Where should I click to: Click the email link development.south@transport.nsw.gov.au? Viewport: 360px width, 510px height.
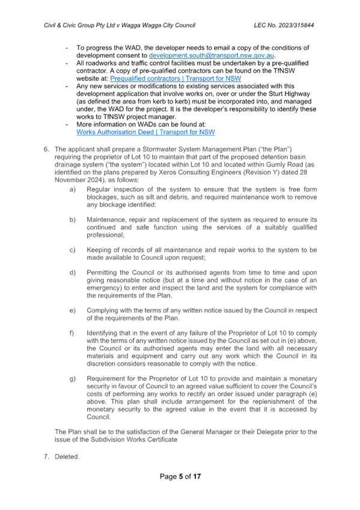click(212, 55)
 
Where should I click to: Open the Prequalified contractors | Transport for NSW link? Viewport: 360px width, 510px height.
click(175, 79)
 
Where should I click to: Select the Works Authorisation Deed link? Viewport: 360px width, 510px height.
click(145, 132)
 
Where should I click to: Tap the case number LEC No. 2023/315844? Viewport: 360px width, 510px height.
click(284, 25)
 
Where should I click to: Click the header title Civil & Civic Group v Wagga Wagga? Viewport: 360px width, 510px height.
click(120, 25)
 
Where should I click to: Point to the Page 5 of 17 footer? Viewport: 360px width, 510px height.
click(180, 476)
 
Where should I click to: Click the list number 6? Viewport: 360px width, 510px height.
click(46, 149)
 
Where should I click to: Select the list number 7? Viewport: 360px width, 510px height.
click(46, 456)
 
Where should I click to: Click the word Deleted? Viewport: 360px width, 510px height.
click(67, 456)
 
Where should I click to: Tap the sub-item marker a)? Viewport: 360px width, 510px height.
click(73, 189)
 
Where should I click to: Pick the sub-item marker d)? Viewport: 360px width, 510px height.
click(73, 272)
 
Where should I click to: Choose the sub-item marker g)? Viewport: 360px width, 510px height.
click(73, 379)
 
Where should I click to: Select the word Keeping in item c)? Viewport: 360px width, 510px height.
click(99, 250)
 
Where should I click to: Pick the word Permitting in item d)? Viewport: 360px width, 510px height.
click(102, 272)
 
